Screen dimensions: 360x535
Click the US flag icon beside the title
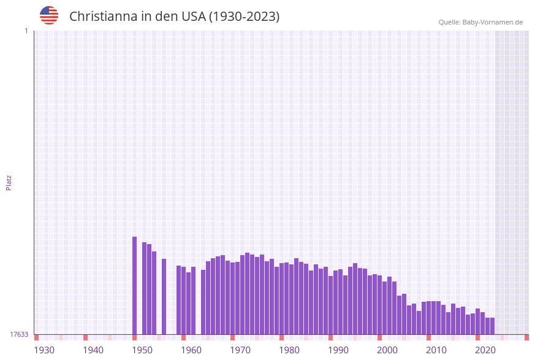point(49,15)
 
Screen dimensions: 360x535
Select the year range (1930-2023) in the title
point(245,17)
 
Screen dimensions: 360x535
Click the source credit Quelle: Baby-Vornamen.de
point(480,22)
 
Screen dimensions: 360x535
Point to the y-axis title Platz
point(9,182)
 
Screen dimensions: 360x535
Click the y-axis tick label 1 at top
point(26,31)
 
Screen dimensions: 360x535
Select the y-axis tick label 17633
point(19,334)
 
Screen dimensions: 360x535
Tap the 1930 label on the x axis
point(44,350)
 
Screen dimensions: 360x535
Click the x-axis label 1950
point(142,350)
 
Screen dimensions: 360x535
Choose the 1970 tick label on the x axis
point(240,350)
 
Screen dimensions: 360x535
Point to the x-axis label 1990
point(338,350)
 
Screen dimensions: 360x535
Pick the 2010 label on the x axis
point(436,350)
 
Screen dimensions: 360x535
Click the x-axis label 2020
point(485,350)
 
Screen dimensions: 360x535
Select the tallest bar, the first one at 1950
point(135,285)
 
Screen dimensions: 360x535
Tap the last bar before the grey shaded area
point(492,326)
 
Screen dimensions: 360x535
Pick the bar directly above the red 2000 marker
point(380,305)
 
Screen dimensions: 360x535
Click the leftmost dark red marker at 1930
point(37,337)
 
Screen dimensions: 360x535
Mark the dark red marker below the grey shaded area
point(526,337)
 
